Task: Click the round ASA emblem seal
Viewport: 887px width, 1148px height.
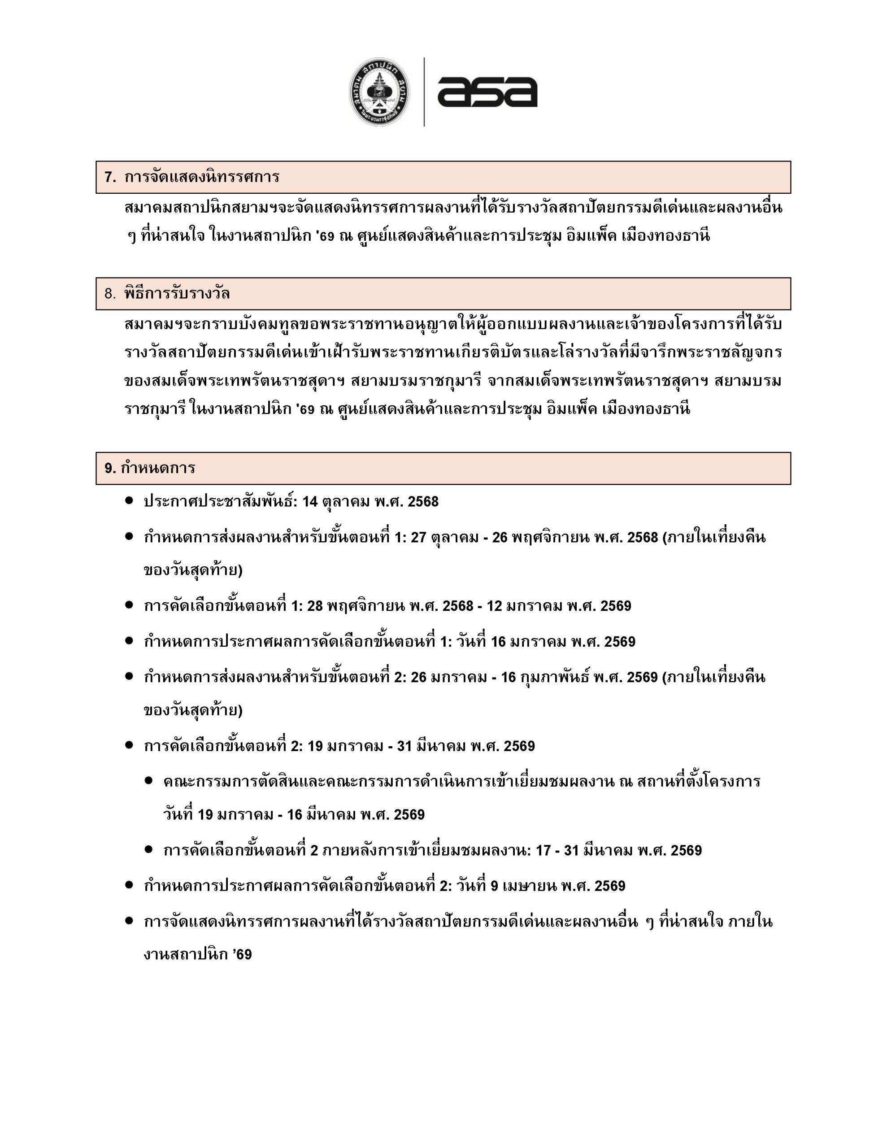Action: click(x=380, y=92)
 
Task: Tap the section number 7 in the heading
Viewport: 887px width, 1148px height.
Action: click(x=109, y=177)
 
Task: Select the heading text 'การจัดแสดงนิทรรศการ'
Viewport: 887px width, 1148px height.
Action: click(x=202, y=177)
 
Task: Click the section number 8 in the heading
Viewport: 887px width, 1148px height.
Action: click(x=109, y=294)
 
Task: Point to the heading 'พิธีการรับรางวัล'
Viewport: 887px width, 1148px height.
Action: click(x=177, y=294)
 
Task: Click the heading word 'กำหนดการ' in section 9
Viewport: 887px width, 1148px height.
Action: click(x=158, y=468)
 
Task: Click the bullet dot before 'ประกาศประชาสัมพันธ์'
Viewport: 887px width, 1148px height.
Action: click(x=129, y=501)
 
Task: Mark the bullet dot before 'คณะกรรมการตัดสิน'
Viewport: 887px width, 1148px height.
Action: click(x=149, y=781)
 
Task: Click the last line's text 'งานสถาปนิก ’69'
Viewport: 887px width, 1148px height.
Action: click(x=198, y=955)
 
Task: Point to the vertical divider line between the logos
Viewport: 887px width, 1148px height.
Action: click(x=424, y=92)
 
